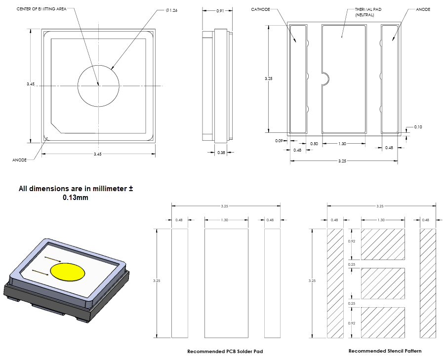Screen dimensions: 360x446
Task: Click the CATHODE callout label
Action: tap(260, 9)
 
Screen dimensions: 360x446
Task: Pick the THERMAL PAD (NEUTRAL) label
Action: tap(364, 12)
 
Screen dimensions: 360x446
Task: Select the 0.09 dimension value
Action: tap(279, 141)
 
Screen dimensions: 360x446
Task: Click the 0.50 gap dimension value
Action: tap(314, 143)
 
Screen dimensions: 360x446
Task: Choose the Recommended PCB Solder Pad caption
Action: tap(225, 352)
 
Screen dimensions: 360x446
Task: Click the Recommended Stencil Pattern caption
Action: tap(385, 351)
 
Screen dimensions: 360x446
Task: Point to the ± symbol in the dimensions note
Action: tap(131, 189)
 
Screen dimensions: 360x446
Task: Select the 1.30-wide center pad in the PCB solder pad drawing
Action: tap(226, 283)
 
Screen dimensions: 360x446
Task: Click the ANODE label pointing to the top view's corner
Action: tap(19, 160)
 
